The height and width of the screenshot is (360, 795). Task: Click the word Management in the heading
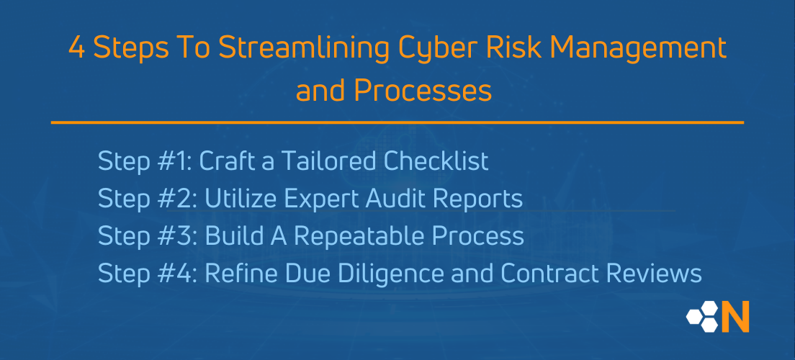click(636, 48)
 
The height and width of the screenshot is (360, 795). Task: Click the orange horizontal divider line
click(397, 122)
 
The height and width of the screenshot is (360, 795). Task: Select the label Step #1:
click(144, 161)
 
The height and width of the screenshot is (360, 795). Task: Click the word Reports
click(483, 199)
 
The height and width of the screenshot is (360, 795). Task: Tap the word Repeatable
click(346, 236)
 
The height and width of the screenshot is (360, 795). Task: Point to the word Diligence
click(390, 274)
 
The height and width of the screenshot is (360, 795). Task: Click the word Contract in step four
click(557, 274)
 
